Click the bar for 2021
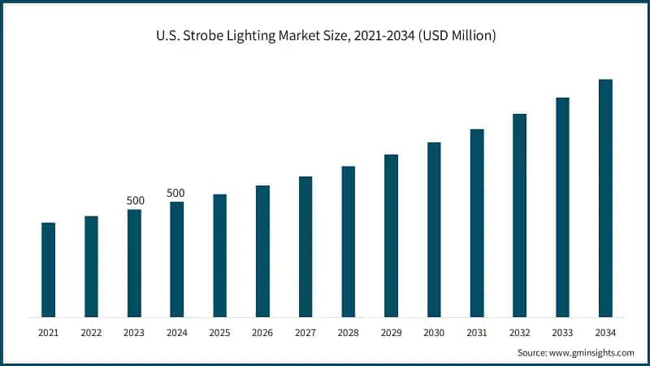click(x=49, y=269)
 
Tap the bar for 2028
click(x=349, y=242)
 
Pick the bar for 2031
click(x=477, y=223)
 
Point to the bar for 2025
click(x=220, y=255)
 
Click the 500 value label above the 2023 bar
click(x=135, y=200)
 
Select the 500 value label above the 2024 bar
click(x=176, y=193)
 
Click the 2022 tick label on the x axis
click(x=91, y=333)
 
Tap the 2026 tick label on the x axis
click(x=262, y=333)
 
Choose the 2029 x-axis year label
click(x=391, y=333)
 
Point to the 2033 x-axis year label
click(x=562, y=333)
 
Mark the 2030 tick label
click(x=434, y=333)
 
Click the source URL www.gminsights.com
click(x=592, y=352)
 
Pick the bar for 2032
click(x=520, y=216)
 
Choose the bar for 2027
click(x=305, y=246)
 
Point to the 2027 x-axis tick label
click(x=305, y=333)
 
